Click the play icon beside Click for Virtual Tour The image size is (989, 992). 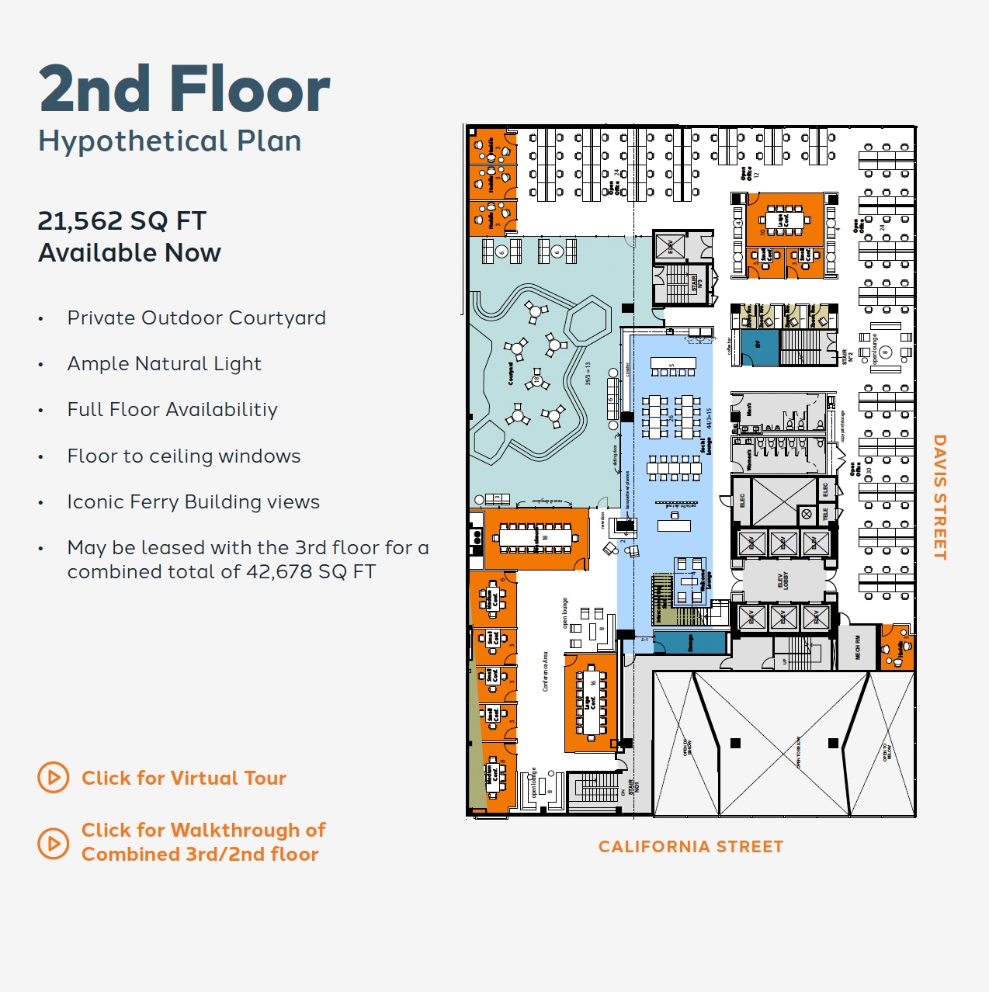[x=54, y=777]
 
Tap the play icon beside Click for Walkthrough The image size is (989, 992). [x=54, y=842]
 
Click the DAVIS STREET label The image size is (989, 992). [x=939, y=497]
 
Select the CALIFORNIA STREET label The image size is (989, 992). [x=690, y=847]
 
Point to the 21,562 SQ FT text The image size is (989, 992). [x=122, y=221]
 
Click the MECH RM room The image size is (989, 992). [x=857, y=647]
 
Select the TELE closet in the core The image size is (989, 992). [x=825, y=513]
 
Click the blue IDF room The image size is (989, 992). [x=758, y=345]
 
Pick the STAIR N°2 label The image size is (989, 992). [x=844, y=357]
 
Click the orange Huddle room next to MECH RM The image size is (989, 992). [x=897, y=646]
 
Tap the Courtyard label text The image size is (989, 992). [x=510, y=373]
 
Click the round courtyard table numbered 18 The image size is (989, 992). [x=536, y=381]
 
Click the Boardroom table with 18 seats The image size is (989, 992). [x=536, y=538]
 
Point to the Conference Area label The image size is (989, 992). [x=545, y=671]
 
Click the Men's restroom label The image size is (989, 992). [x=750, y=408]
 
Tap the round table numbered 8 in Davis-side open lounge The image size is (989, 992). [x=883, y=352]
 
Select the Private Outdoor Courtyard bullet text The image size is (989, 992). [x=196, y=318]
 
